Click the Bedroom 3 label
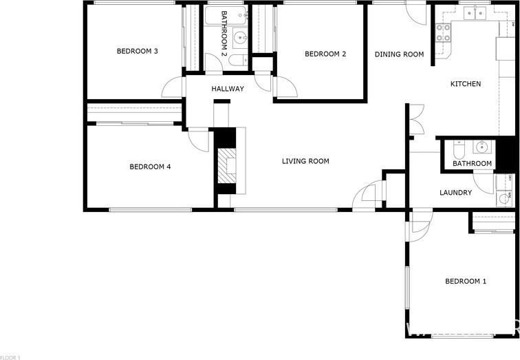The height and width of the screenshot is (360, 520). point(138,52)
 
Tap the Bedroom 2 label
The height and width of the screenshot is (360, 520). point(325,54)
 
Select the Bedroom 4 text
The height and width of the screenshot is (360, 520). point(150,167)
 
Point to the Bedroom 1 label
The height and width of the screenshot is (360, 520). point(466,282)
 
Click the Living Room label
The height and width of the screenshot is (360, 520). point(305,161)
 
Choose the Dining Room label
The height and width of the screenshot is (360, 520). point(399,54)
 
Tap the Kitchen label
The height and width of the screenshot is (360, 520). point(466,84)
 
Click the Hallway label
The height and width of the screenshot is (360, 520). point(228,89)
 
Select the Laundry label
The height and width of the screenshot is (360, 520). point(455,193)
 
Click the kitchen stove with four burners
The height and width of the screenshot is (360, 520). point(444,32)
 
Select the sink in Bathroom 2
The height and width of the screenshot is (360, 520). point(240,38)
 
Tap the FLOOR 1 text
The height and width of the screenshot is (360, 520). point(10,357)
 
